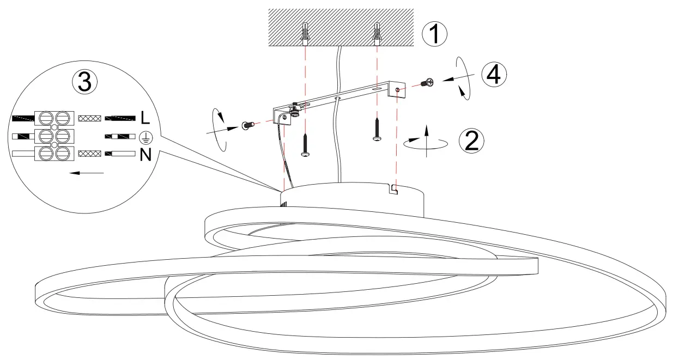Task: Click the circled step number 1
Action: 435,34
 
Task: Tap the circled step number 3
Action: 85,82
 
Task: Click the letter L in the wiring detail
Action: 145,117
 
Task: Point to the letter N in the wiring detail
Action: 145,155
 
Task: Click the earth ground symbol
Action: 145,136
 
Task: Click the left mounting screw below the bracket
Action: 306,145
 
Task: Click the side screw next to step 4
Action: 427,83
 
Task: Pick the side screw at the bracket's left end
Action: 247,126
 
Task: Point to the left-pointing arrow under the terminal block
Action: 87,173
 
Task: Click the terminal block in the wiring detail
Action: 54,136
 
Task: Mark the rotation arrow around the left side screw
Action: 220,130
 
